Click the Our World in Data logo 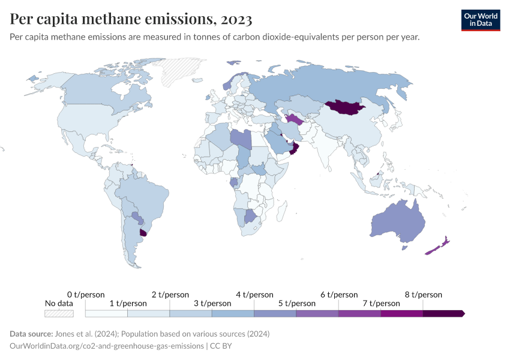pos(481,20)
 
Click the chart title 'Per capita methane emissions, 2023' pos(131,19)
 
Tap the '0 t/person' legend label pos(86,295)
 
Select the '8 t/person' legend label pos(423,295)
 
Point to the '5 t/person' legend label pos(297,304)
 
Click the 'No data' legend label pos(59,304)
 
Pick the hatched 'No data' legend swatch pos(59,313)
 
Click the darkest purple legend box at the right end pos(443,313)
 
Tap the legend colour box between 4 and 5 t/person pos(275,313)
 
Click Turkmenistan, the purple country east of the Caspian pos(296,118)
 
